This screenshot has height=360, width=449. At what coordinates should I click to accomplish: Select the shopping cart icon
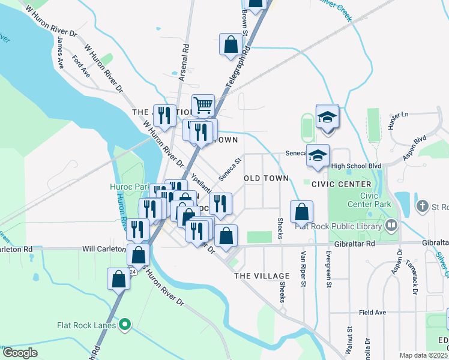click(x=203, y=105)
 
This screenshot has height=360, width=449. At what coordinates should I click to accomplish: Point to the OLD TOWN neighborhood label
click(x=266, y=178)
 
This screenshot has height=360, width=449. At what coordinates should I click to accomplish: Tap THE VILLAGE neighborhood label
click(x=262, y=275)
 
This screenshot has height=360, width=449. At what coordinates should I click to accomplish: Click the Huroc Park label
click(x=129, y=187)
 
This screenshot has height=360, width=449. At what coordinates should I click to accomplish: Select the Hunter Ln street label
click(x=398, y=122)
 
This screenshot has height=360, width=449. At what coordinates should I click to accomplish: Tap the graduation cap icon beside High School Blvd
click(x=318, y=155)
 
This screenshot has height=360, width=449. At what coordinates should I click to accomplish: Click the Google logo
click(x=20, y=352)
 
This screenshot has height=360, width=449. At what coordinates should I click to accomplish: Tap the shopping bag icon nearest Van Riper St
click(x=301, y=212)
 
